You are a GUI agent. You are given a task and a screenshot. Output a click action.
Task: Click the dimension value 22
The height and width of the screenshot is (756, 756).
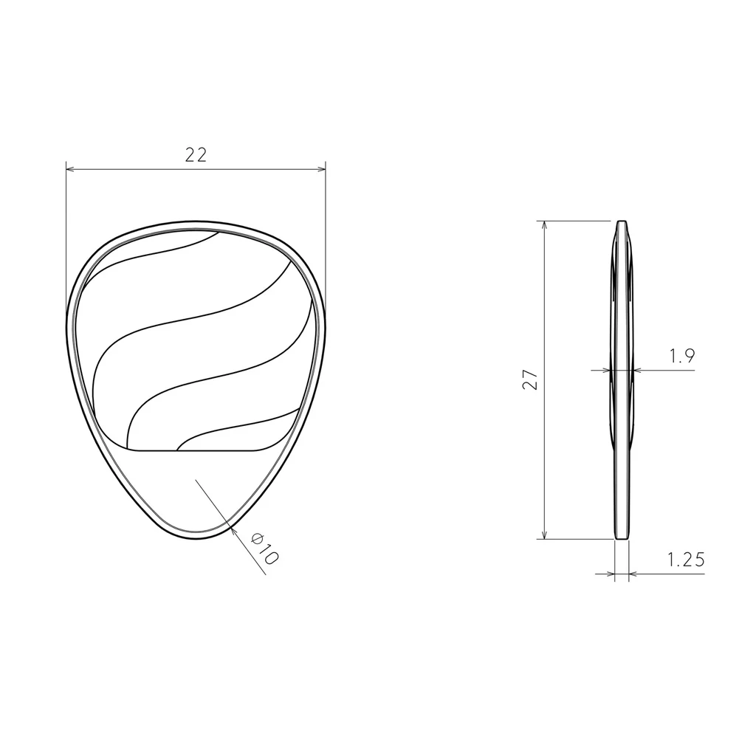pyautogui.click(x=196, y=155)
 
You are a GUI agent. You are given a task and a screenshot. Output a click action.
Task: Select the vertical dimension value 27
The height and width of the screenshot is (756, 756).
pyautogui.click(x=530, y=379)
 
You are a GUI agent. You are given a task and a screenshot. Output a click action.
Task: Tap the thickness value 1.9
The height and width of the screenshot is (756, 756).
pyautogui.click(x=682, y=357)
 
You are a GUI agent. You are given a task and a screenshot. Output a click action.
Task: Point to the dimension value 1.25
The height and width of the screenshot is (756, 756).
pyautogui.click(x=686, y=560)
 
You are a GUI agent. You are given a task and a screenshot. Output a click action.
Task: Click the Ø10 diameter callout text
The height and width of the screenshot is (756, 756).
pyautogui.click(x=264, y=548)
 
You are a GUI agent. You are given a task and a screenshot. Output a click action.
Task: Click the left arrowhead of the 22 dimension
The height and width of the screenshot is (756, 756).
pyautogui.click(x=70, y=169)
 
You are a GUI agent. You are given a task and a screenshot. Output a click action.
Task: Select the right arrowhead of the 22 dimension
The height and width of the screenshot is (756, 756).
pyautogui.click(x=321, y=169)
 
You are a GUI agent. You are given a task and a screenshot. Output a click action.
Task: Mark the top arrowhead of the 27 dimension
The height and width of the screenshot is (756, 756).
pyautogui.click(x=544, y=225)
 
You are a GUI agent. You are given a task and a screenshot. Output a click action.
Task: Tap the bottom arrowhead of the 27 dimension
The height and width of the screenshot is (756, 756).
pyautogui.click(x=544, y=535)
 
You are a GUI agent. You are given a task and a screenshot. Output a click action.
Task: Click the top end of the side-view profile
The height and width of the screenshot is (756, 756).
pyautogui.click(x=622, y=221)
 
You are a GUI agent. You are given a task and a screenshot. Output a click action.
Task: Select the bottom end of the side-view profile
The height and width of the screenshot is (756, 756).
pyautogui.click(x=622, y=538)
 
